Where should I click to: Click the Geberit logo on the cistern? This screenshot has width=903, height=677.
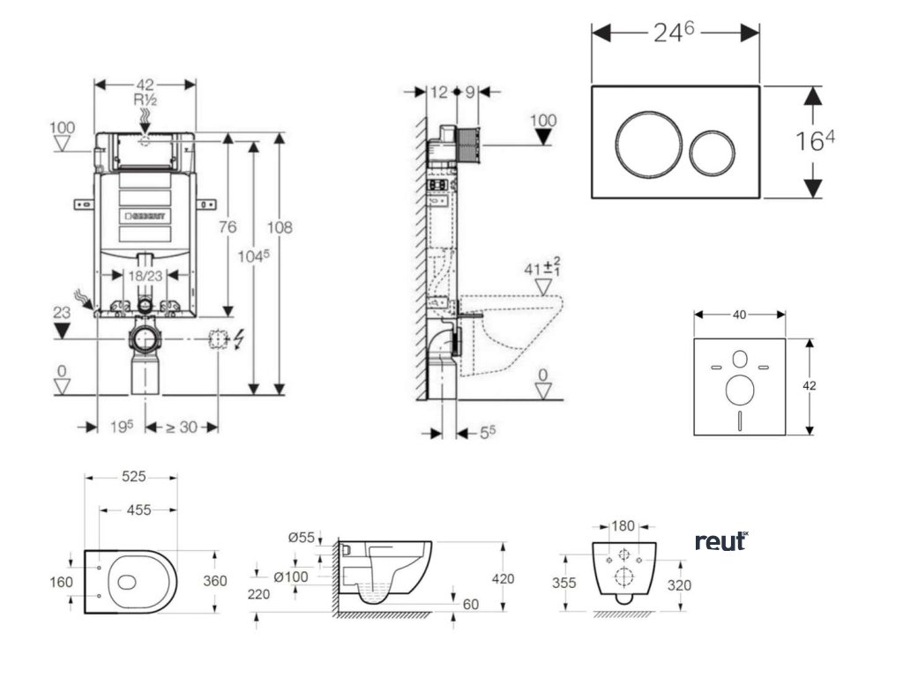tap(151, 215)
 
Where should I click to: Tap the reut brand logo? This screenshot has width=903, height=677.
tap(721, 541)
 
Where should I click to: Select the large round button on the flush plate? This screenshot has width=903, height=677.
tap(646, 142)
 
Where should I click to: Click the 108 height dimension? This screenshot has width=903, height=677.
tap(280, 227)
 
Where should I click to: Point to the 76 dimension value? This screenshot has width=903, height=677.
tap(228, 227)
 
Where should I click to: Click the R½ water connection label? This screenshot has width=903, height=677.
tap(145, 100)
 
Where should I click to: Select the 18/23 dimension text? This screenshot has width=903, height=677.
tap(144, 275)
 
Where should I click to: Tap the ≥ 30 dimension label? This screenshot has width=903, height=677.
tap(182, 427)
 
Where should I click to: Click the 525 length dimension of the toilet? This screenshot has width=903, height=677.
tap(133, 477)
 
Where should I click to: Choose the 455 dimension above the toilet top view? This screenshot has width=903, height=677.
tap(138, 510)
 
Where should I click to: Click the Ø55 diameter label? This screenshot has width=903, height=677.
tap(302, 538)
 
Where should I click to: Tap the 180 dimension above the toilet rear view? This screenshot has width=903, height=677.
tap(623, 526)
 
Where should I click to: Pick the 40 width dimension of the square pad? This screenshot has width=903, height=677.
tap(739, 314)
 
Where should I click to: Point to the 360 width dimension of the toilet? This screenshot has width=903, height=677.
tap(215, 581)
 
